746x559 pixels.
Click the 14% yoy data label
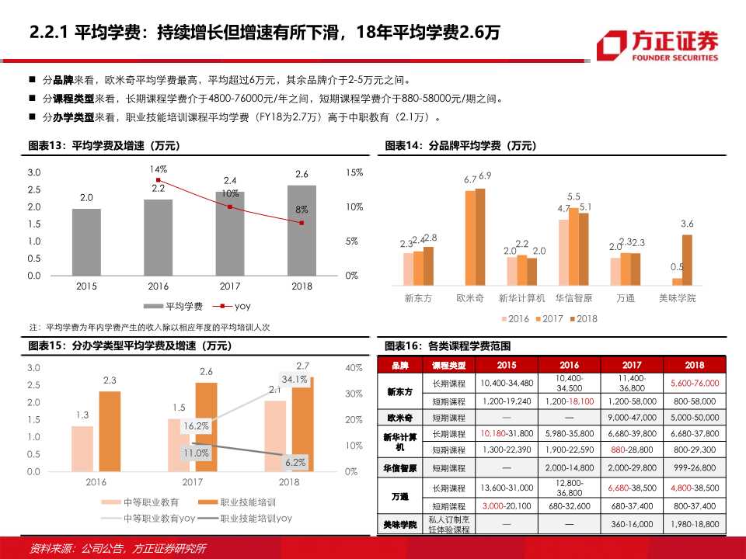click(x=159, y=168)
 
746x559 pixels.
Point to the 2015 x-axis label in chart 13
click(x=86, y=286)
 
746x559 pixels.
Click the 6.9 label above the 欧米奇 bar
click(x=485, y=176)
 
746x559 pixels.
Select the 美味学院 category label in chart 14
click(x=677, y=298)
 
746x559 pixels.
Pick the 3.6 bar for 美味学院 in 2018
click(x=687, y=259)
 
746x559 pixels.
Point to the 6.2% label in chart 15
click(x=296, y=463)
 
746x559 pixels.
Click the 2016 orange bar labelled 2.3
click(x=110, y=431)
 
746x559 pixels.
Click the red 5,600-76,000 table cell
click(x=694, y=383)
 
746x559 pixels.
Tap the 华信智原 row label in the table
click(x=400, y=468)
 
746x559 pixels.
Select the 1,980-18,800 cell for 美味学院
click(x=694, y=525)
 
